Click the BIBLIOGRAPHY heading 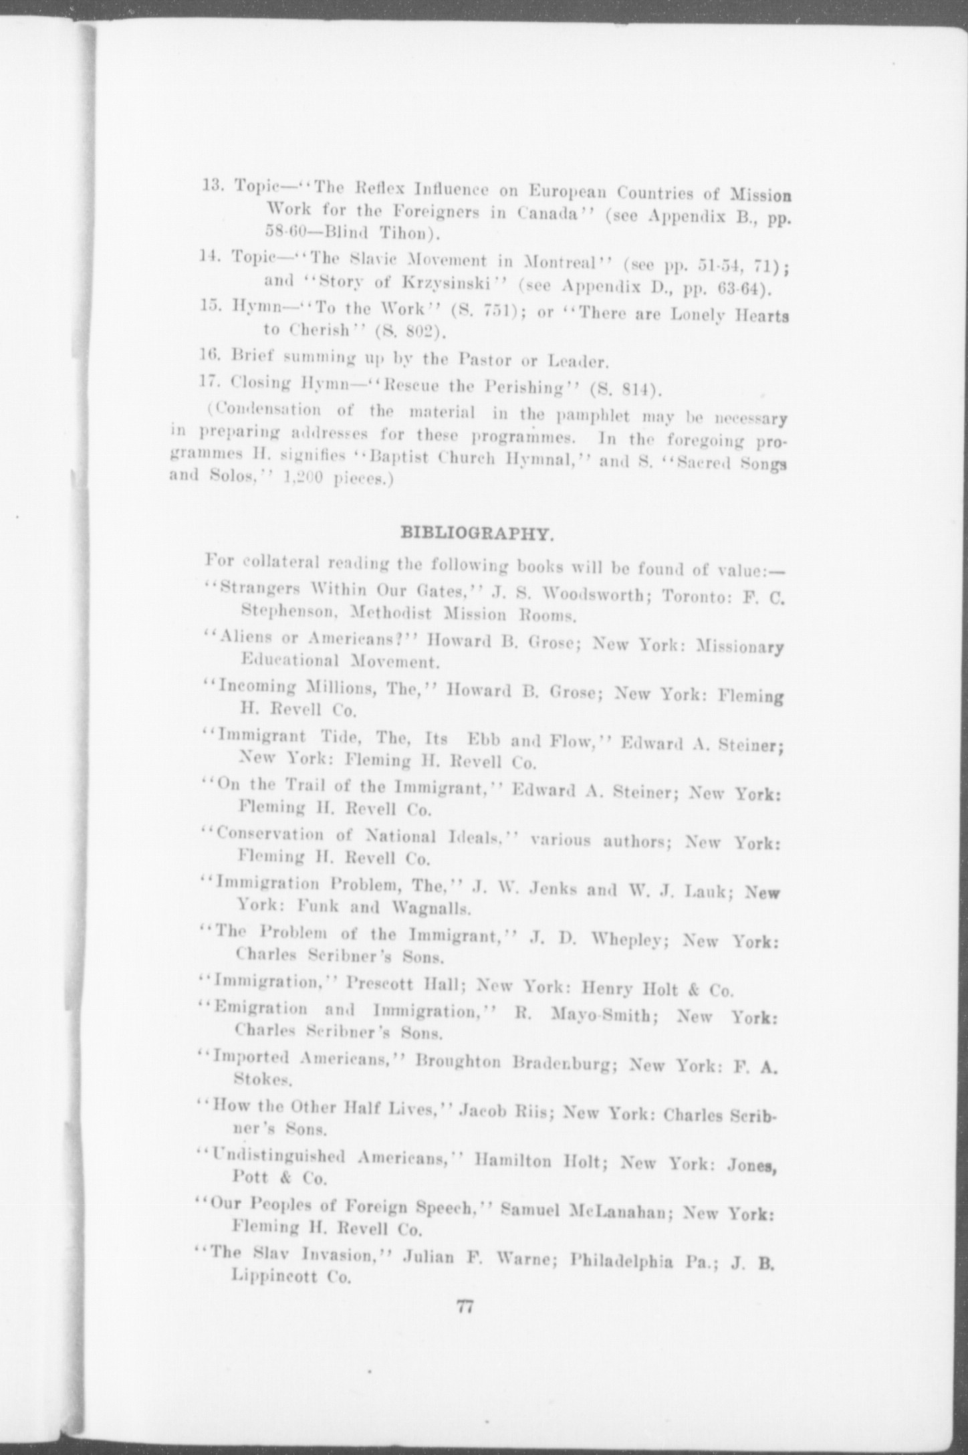pyautogui.click(x=476, y=534)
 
